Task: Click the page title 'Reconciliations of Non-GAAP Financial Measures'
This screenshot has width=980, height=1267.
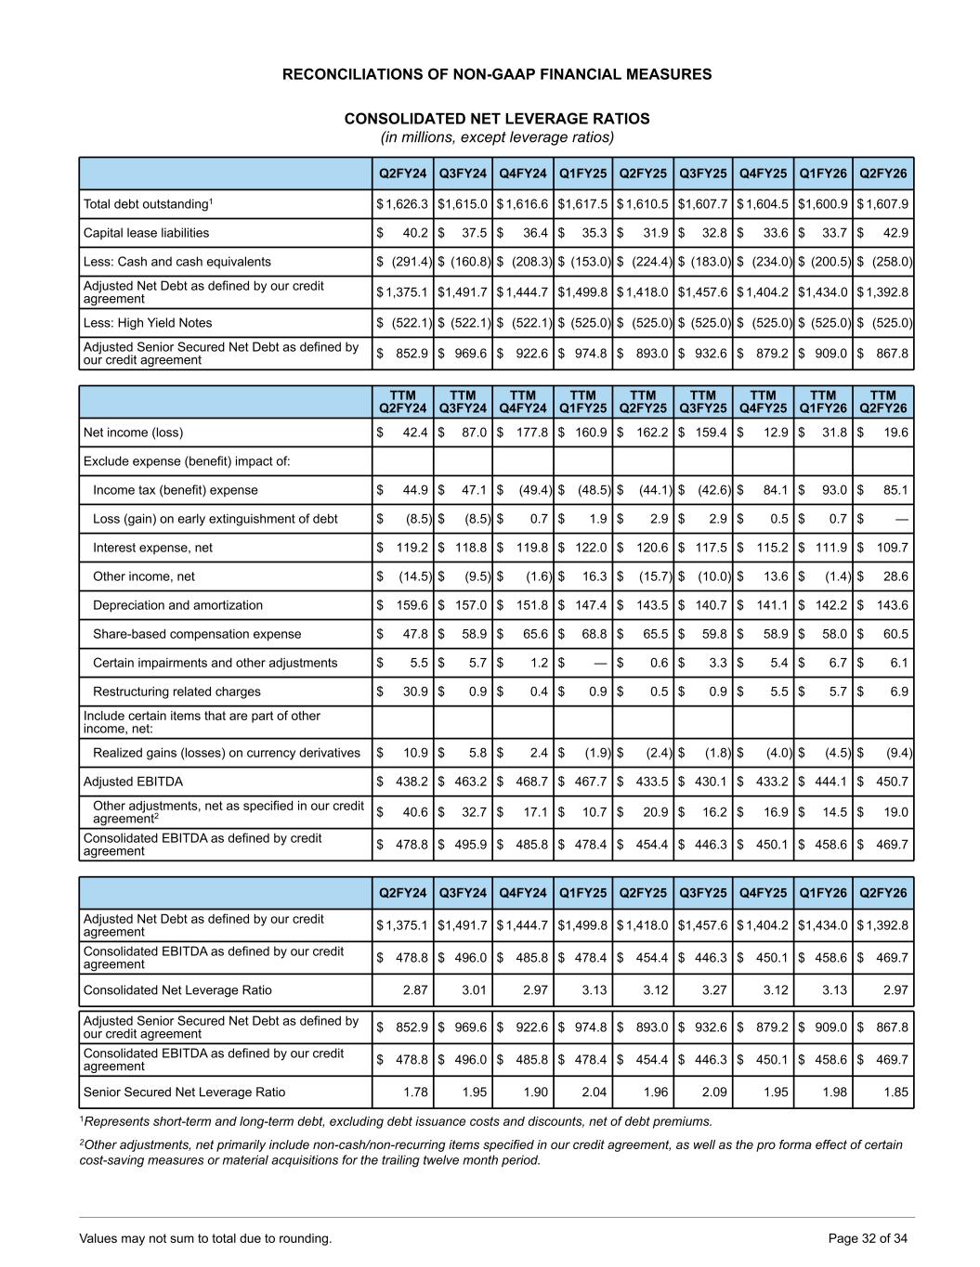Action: click(x=497, y=74)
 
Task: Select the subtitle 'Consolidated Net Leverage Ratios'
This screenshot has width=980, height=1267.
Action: click(x=497, y=119)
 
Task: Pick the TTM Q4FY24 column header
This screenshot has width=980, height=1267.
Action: click(x=523, y=402)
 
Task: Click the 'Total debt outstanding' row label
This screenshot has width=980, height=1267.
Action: click(x=149, y=204)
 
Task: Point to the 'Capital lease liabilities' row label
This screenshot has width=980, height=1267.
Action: click(x=146, y=233)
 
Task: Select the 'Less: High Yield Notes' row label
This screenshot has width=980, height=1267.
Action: click(x=148, y=323)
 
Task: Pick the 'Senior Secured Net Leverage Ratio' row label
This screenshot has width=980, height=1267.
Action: click(x=184, y=1092)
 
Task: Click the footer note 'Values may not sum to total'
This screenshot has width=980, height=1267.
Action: click(x=205, y=1238)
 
